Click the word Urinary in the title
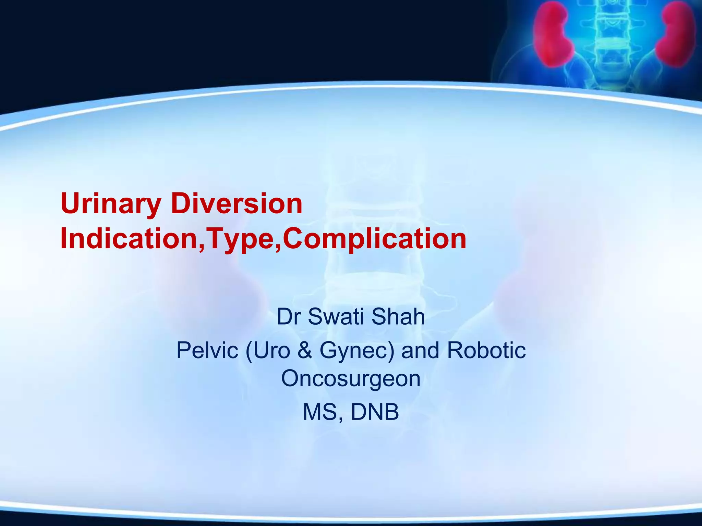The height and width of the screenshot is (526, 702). (x=110, y=204)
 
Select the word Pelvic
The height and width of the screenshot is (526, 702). (x=207, y=351)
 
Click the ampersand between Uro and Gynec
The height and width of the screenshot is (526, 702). (x=305, y=351)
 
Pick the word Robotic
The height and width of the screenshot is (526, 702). (x=486, y=351)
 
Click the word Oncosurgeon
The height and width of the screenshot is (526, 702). (x=351, y=379)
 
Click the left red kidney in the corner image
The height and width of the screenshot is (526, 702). (x=552, y=34)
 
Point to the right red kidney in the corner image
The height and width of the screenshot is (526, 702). (x=679, y=34)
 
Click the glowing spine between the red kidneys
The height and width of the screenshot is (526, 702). (x=614, y=38)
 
